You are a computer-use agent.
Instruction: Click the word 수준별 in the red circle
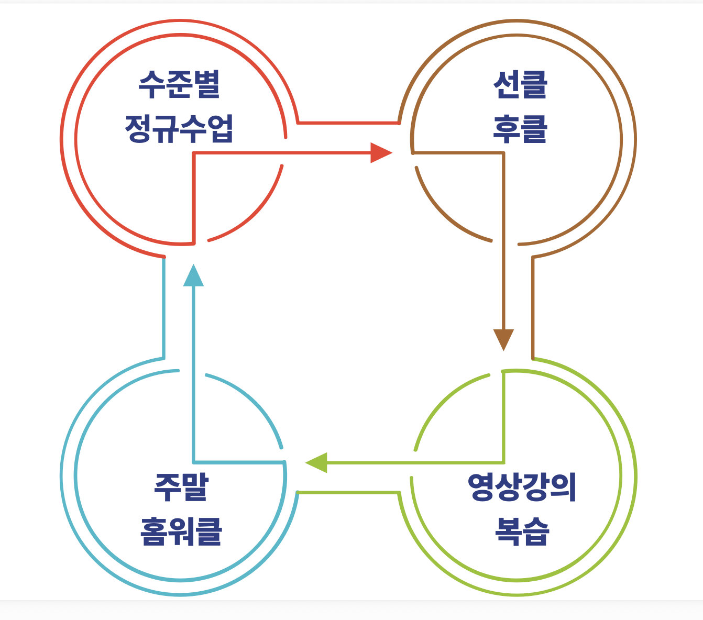pos(179,85)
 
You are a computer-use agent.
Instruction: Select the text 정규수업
pos(179,129)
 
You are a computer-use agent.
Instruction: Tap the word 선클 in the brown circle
pos(520,85)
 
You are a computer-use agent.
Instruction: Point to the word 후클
pos(520,129)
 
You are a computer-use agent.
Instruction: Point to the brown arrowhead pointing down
pos(503,339)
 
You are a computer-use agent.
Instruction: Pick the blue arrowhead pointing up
pos(194,276)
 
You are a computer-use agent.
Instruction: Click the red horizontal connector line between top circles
pos(348,123)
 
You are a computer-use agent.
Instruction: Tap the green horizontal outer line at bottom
pos(348,492)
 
